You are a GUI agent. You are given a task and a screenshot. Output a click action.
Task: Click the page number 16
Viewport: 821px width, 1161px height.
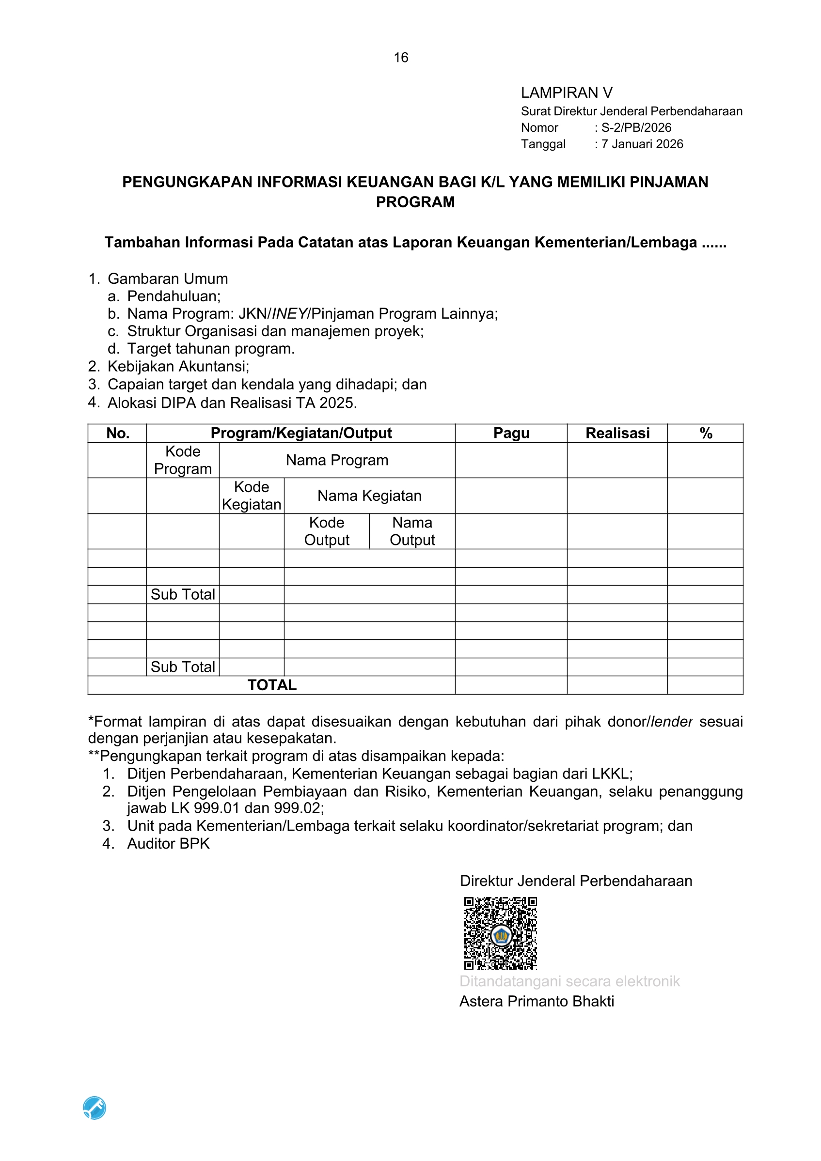click(401, 58)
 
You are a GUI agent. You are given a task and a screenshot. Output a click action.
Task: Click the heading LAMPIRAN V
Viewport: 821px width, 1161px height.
click(567, 93)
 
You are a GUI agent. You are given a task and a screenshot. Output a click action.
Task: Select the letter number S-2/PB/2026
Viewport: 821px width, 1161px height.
click(636, 127)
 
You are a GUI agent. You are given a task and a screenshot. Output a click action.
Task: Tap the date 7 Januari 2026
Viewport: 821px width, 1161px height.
click(642, 144)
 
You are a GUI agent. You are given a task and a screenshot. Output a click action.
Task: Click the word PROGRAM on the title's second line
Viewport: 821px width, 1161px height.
click(415, 202)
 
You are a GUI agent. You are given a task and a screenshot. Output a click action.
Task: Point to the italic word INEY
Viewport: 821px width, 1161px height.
click(290, 314)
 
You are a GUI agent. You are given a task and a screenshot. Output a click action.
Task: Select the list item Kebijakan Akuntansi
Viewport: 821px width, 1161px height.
click(178, 367)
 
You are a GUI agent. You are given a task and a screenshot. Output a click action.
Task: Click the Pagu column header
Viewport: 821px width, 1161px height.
click(511, 433)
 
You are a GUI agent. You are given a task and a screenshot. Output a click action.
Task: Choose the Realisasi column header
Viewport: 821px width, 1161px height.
click(617, 433)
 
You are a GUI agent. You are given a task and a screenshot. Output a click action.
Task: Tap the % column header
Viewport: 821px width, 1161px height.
click(706, 433)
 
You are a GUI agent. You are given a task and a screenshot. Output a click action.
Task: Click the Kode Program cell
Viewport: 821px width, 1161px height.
click(183, 460)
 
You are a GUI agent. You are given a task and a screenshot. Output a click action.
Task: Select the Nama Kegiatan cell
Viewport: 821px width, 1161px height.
click(369, 496)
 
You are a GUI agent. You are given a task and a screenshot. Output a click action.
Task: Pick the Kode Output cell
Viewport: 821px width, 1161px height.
click(327, 531)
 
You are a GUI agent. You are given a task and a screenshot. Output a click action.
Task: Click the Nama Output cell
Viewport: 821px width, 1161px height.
click(412, 531)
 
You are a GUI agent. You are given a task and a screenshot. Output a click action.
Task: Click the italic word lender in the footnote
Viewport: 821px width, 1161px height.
click(671, 722)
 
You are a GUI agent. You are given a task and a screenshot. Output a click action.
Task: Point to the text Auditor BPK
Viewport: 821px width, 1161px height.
click(168, 843)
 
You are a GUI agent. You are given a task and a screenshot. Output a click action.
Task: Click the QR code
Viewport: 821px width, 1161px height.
click(500, 933)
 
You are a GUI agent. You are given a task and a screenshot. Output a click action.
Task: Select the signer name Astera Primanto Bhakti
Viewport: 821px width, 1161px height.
click(536, 1001)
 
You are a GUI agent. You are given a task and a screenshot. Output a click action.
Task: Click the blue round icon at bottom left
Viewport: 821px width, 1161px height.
click(95, 1108)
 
